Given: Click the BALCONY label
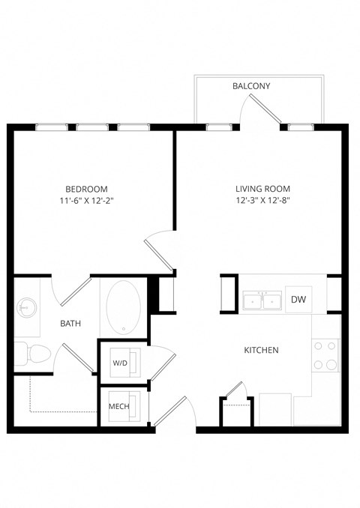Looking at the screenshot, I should [250, 87].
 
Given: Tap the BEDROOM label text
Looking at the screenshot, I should [86, 189].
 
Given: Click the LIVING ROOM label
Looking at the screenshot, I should [262, 189].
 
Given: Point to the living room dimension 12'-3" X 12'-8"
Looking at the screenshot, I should [262, 201].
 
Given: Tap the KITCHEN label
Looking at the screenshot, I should [262, 350].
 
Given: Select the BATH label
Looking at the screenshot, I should [70, 324].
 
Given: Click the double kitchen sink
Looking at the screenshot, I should [262, 301].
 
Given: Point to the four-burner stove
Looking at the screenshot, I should [325, 356].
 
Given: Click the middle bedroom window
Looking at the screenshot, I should [90, 127].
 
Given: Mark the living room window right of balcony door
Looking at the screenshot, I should [300, 127].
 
